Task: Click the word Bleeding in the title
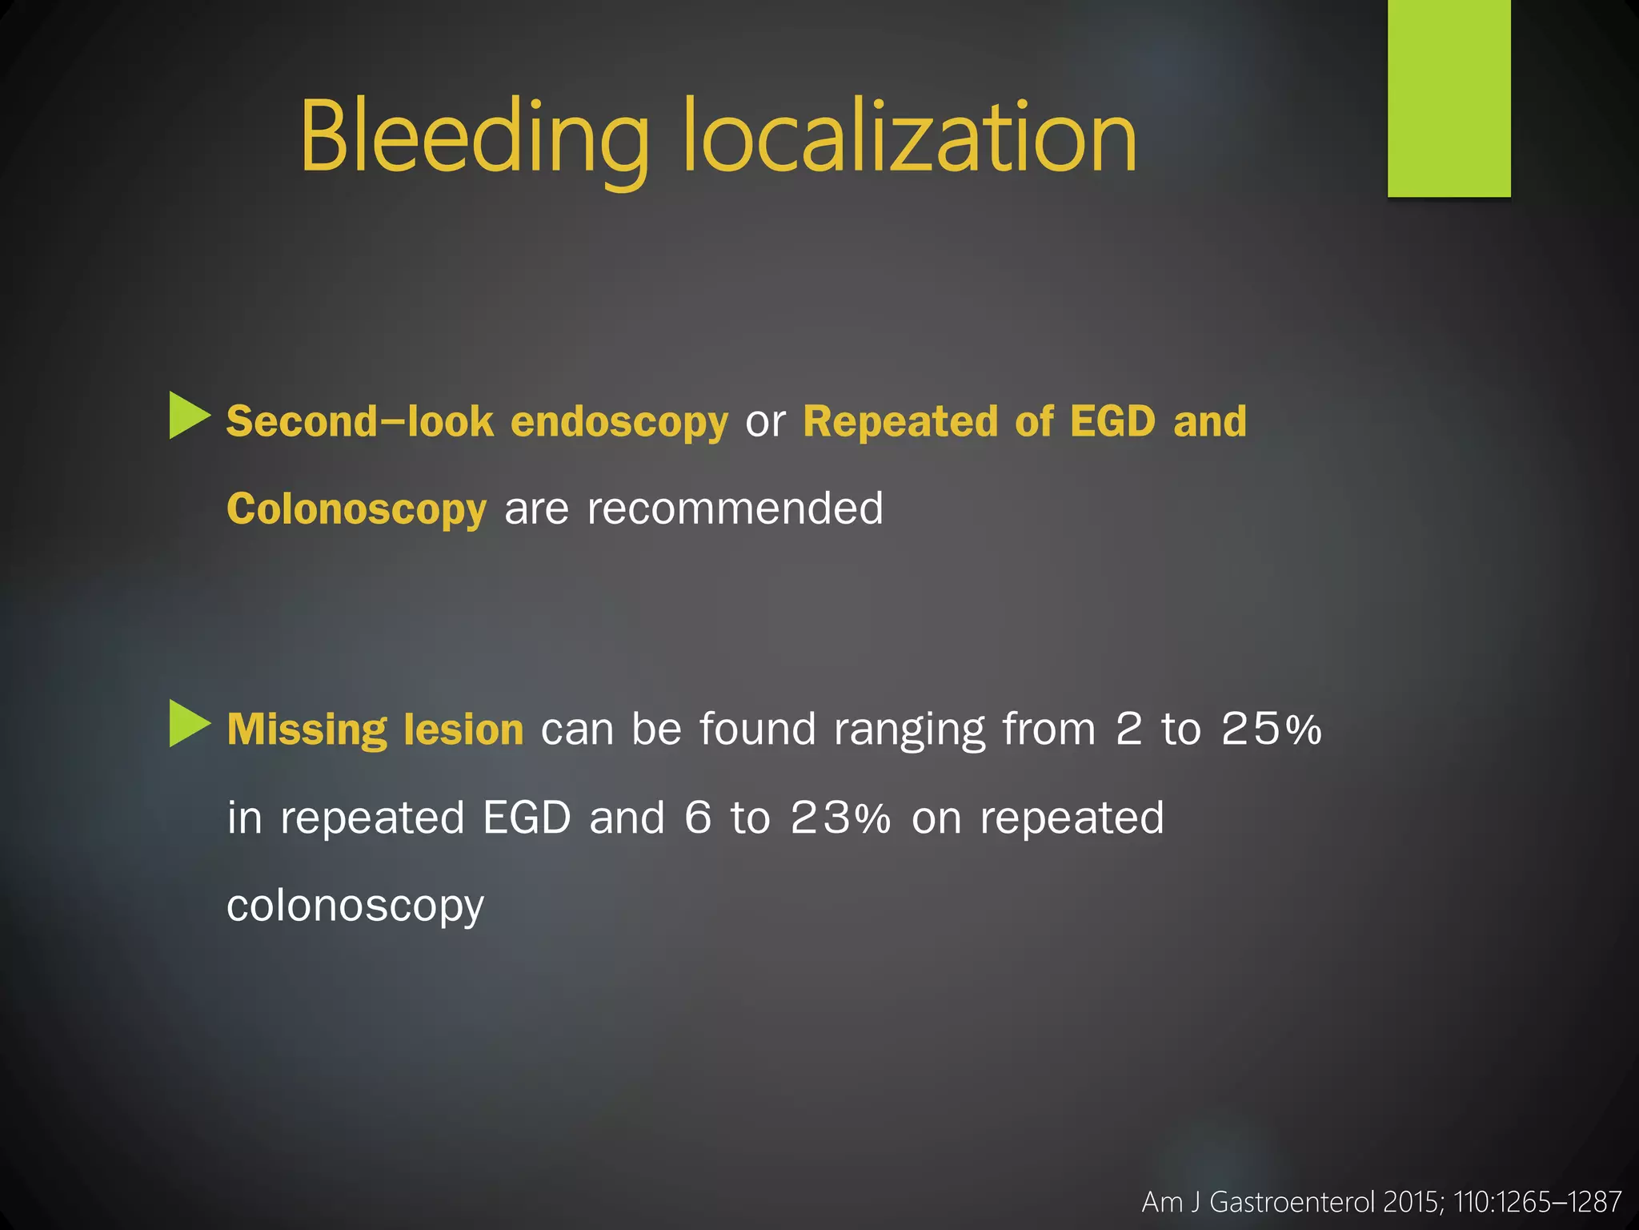(x=474, y=138)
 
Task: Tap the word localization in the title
(x=910, y=138)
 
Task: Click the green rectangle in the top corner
(x=1449, y=98)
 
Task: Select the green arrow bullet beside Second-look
(x=190, y=416)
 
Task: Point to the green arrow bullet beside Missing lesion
(x=190, y=724)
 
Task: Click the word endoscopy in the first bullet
(x=619, y=422)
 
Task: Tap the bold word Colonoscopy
(x=356, y=509)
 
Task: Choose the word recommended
(x=735, y=509)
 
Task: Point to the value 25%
(x=1271, y=730)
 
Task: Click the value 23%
(x=840, y=818)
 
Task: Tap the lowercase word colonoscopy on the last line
(x=355, y=906)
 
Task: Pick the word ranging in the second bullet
(x=909, y=730)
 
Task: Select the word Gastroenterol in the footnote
(x=1293, y=1202)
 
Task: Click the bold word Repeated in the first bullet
(x=900, y=422)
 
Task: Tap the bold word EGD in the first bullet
(x=1112, y=422)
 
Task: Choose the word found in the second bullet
(x=757, y=730)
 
